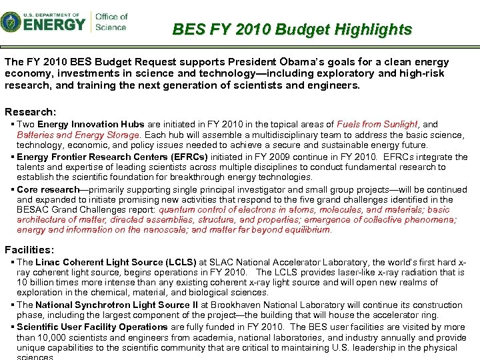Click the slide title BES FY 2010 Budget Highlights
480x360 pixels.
292,29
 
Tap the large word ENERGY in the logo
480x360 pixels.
55,25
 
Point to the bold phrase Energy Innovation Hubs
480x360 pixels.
85,124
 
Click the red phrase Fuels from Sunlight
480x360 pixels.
377,124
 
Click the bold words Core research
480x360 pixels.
48,189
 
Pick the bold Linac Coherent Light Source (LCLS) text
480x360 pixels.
114,262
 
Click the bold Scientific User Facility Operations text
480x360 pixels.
92,327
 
